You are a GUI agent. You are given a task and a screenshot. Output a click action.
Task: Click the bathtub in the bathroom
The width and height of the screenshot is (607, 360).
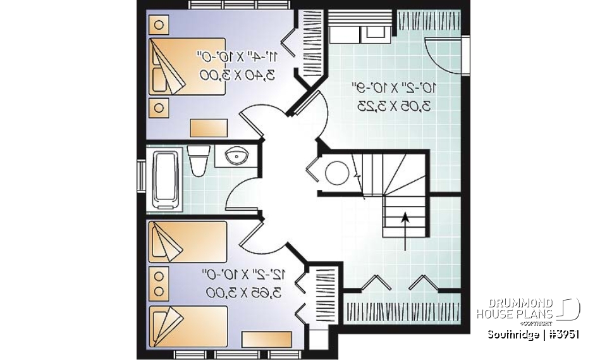click(167, 180)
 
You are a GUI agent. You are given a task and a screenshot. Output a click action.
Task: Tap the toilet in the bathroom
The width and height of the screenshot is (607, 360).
click(199, 161)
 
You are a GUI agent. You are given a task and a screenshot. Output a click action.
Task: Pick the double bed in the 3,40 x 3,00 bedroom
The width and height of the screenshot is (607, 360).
click(187, 67)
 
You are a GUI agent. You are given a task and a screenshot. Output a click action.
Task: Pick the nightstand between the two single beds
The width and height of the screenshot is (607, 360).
click(159, 283)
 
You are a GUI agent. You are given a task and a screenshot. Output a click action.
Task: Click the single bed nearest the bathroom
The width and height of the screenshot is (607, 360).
click(187, 242)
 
